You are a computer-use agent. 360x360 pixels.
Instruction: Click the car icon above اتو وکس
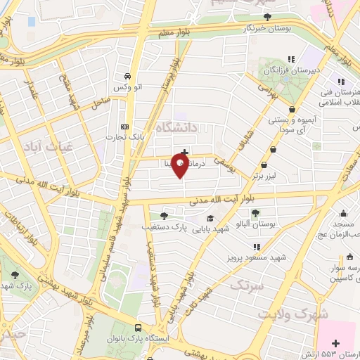[127, 76]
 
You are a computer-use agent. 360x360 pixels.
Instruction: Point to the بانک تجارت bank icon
[125, 127]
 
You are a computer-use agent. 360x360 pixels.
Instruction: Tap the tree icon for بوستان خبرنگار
[266, 18]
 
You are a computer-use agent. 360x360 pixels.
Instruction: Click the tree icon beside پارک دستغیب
[164, 216]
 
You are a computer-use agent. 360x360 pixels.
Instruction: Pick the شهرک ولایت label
[292, 314]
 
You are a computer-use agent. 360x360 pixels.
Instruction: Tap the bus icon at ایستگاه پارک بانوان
[138, 328]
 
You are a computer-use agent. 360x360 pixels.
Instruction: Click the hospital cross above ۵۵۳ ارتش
[335, 344]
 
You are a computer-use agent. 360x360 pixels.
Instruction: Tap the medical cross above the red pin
[184, 152]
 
